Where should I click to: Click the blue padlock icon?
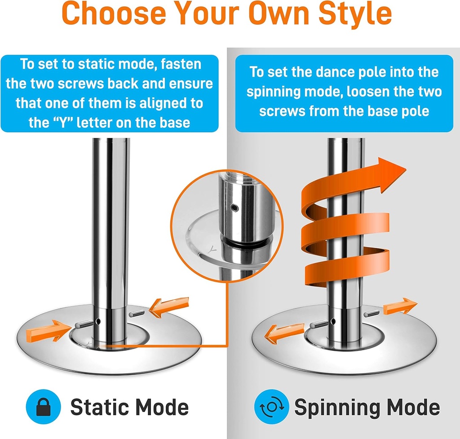pyautogui.click(x=44, y=407)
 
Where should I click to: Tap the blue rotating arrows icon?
pyautogui.click(x=272, y=407)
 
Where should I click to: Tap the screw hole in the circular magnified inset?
pyautogui.click(x=234, y=208)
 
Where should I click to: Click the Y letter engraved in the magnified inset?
pyautogui.click(x=212, y=250)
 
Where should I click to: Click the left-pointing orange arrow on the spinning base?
pyautogui.click(x=284, y=334)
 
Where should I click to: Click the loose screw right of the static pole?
pyautogui.click(x=136, y=313)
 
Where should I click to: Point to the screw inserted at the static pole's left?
pyautogui.click(x=84, y=324)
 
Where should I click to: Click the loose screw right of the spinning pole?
pyautogui.click(x=372, y=313)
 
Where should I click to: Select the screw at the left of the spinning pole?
pyautogui.click(x=319, y=324)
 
